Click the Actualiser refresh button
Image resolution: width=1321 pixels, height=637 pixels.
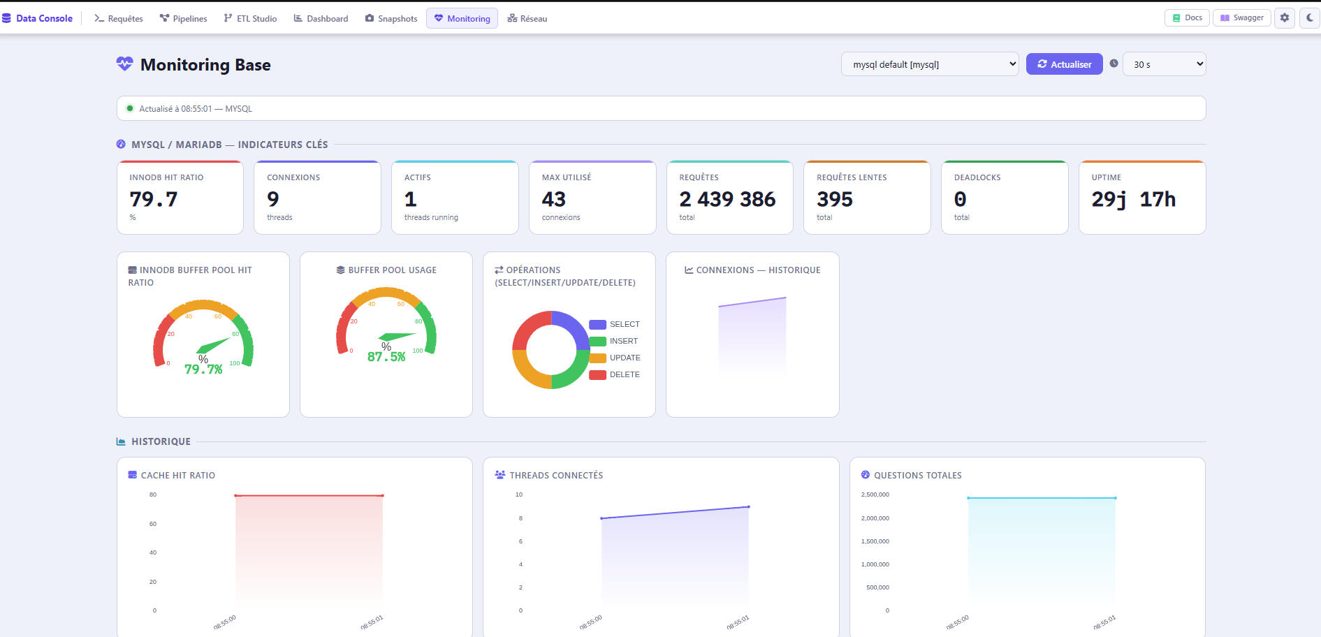coord(1064,64)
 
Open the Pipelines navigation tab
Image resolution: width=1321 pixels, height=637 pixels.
coord(184,18)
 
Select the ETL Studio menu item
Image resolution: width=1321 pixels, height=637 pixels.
coord(250,18)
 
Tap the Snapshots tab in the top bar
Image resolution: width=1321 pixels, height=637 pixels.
coord(391,18)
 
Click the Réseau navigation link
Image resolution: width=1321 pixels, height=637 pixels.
coord(527,18)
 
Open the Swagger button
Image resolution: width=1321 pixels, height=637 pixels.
coord(1242,17)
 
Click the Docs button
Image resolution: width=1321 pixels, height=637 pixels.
coord(1188,17)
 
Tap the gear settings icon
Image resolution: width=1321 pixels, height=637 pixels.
coord(1285,17)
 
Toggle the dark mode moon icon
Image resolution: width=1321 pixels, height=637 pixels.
coord(1310,17)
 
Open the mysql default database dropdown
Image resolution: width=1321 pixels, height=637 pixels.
coord(930,64)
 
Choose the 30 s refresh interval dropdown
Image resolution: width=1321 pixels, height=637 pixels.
coord(1164,64)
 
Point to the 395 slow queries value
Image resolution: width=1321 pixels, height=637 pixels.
coord(835,200)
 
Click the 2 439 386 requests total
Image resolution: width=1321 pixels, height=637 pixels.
coord(727,200)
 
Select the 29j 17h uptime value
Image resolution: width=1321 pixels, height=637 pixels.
coord(1134,200)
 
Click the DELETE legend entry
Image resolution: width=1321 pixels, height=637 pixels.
coord(615,374)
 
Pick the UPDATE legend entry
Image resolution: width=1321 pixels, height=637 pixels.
coord(615,358)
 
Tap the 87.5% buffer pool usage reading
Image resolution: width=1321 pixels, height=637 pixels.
coord(386,356)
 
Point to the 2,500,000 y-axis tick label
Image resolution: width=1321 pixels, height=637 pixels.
coord(875,495)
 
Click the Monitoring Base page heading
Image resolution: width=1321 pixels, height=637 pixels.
coord(205,65)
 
